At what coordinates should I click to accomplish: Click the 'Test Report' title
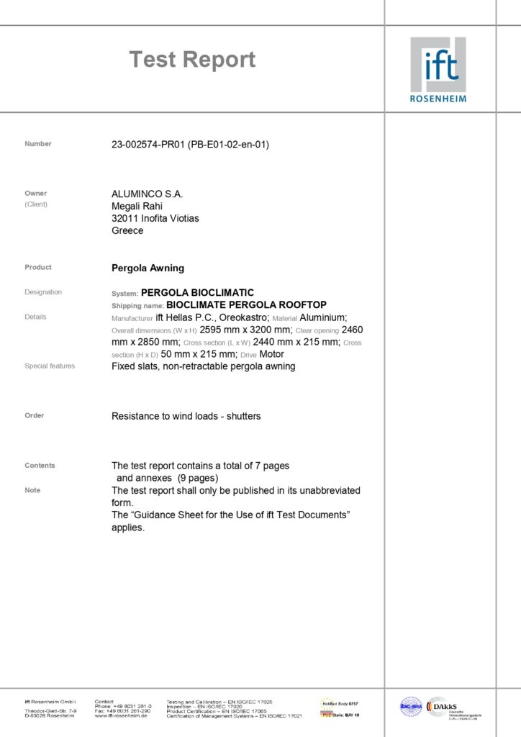(x=192, y=60)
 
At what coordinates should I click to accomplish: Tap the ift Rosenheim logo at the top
(x=438, y=69)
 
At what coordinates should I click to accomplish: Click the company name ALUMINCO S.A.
(x=148, y=194)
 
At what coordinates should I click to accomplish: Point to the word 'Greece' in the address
(x=127, y=231)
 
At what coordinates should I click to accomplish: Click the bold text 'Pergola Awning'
(x=148, y=268)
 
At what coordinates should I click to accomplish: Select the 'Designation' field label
(x=43, y=292)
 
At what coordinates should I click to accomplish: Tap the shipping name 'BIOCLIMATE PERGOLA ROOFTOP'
(x=246, y=305)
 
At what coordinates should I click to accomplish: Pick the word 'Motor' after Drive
(x=271, y=354)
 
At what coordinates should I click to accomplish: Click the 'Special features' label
(x=50, y=366)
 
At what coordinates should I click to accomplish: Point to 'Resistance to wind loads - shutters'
(x=186, y=416)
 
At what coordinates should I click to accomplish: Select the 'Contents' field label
(x=40, y=466)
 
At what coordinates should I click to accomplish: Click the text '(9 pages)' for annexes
(x=196, y=478)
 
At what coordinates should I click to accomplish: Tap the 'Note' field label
(x=32, y=490)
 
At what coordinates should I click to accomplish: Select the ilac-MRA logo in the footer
(x=411, y=707)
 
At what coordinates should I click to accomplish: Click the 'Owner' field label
(x=35, y=194)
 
